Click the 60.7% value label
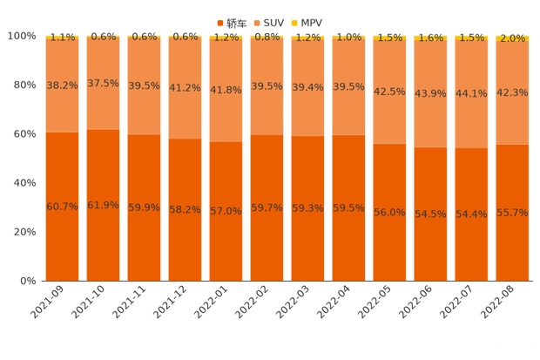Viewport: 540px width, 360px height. coord(62,207)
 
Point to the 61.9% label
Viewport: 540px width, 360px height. coord(103,206)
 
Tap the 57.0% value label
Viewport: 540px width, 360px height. coord(226,211)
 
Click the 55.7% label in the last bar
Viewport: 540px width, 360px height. coord(512,213)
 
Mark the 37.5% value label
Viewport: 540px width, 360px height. coord(103,84)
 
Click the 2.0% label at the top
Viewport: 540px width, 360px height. coord(512,38)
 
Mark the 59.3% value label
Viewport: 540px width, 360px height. coord(307,208)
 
